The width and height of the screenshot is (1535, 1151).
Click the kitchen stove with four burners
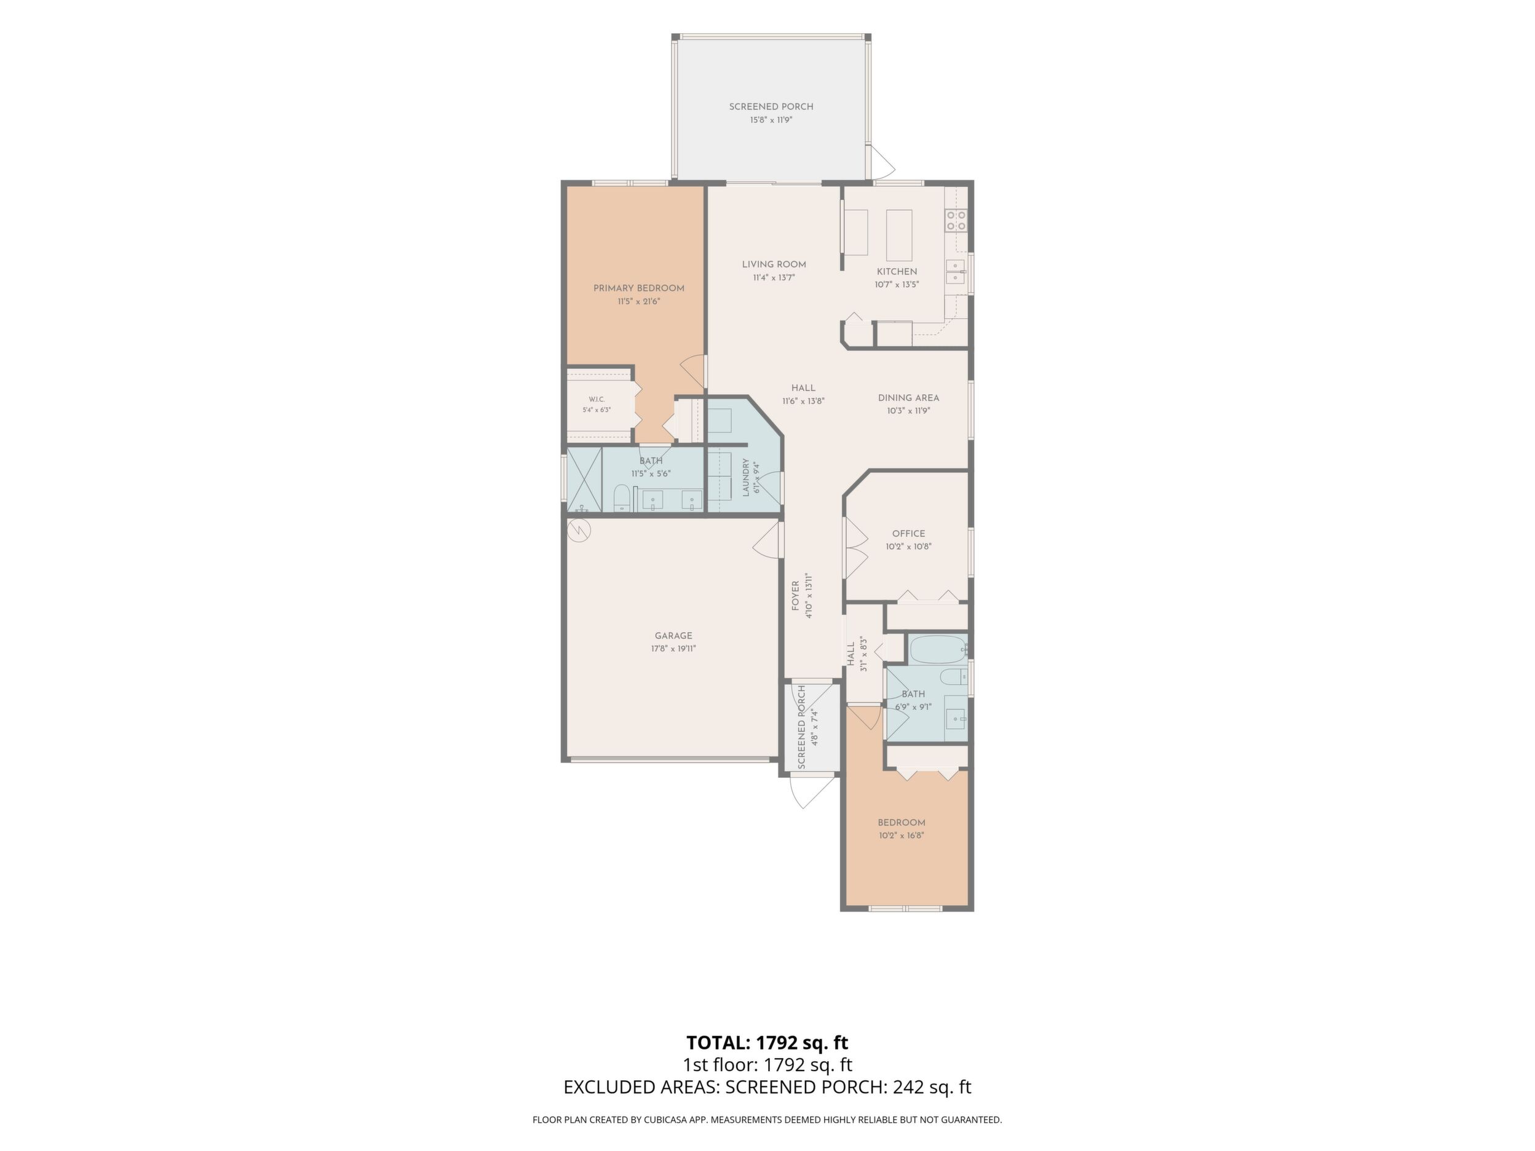(956, 221)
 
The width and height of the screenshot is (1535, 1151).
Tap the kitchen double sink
(955, 271)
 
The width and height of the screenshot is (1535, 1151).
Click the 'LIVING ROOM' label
(774, 264)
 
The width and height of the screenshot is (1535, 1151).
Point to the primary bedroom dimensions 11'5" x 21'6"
(638, 302)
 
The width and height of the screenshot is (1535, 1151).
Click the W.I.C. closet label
(597, 400)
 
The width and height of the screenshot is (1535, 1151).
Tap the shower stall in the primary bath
(584, 480)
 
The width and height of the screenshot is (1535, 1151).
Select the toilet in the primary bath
(622, 499)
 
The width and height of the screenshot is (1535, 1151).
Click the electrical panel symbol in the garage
(579, 531)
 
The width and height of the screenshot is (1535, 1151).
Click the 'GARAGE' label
(673, 636)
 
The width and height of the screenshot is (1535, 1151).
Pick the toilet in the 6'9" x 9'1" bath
(952, 676)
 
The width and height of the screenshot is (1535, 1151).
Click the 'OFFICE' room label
(908, 534)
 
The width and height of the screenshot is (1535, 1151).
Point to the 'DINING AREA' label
(908, 398)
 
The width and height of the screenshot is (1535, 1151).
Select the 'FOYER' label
(796, 596)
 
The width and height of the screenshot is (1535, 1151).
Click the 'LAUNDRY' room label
(747, 477)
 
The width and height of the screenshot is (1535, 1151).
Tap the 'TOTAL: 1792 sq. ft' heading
(767, 1043)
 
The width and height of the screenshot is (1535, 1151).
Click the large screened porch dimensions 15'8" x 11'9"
(771, 120)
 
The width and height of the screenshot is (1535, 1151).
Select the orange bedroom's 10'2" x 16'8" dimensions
(902, 836)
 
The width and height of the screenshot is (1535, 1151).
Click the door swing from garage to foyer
(766, 540)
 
